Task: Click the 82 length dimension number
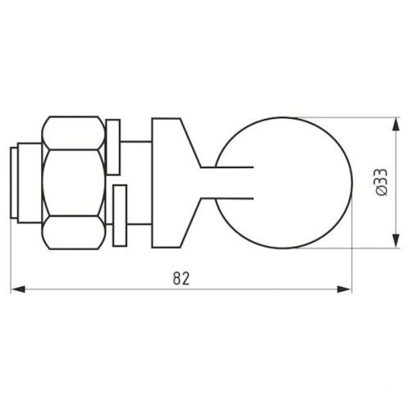point(181,278)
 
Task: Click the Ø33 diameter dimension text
point(381,182)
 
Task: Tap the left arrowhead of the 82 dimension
point(18,289)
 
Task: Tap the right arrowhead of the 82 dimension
point(344,289)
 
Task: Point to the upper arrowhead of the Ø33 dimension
point(395,125)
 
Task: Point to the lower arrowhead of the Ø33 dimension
point(395,241)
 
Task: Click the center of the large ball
point(284,183)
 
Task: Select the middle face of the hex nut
point(74,183)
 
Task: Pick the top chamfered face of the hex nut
point(74,133)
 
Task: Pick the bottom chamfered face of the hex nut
point(74,233)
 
